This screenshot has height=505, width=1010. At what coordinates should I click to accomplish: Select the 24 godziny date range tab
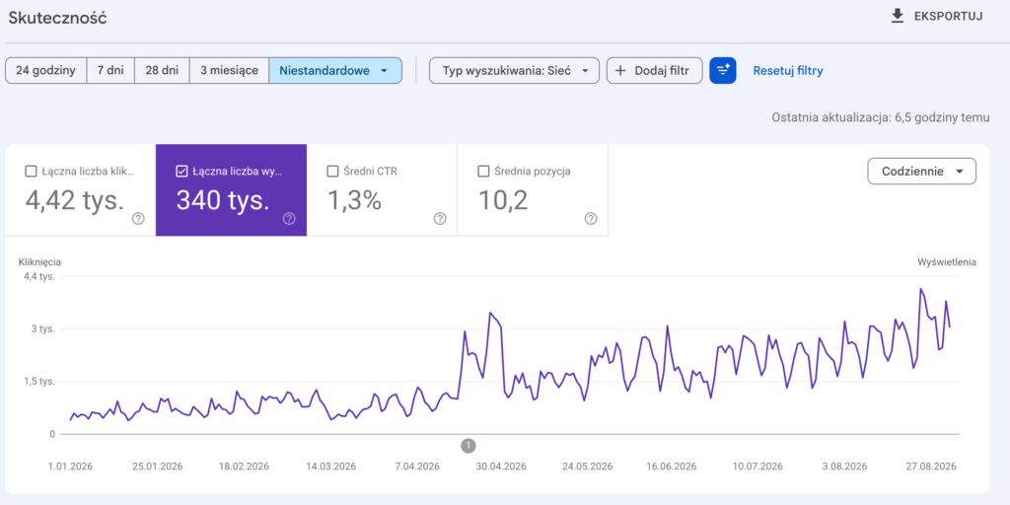(x=45, y=71)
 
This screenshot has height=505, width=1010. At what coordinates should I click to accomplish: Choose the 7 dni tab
(x=110, y=71)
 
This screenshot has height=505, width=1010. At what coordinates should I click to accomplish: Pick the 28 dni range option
(x=162, y=71)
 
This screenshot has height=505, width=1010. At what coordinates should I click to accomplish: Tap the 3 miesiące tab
(x=229, y=71)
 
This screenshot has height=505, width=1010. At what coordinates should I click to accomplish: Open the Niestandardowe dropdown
(x=335, y=71)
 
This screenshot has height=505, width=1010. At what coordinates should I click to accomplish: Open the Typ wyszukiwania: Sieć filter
(x=514, y=71)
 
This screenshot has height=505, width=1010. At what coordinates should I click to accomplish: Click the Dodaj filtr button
(x=655, y=71)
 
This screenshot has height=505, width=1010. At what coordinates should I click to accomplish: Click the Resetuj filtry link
(x=788, y=71)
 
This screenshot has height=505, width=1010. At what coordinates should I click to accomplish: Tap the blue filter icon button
(x=723, y=71)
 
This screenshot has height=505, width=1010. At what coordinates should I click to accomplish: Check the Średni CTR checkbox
(x=333, y=172)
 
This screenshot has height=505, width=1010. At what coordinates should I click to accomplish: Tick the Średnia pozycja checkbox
(x=483, y=172)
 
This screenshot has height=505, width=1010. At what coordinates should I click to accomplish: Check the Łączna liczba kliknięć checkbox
(x=31, y=172)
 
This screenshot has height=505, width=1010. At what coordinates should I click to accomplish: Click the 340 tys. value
(x=223, y=201)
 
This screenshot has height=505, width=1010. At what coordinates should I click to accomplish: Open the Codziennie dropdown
(x=922, y=172)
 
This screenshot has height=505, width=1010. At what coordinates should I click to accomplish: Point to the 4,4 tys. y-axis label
(x=39, y=276)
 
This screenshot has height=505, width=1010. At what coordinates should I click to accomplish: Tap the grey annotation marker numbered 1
(x=469, y=445)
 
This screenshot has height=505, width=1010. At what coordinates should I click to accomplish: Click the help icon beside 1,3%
(x=440, y=218)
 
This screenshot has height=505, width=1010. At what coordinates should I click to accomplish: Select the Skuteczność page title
(x=57, y=18)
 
